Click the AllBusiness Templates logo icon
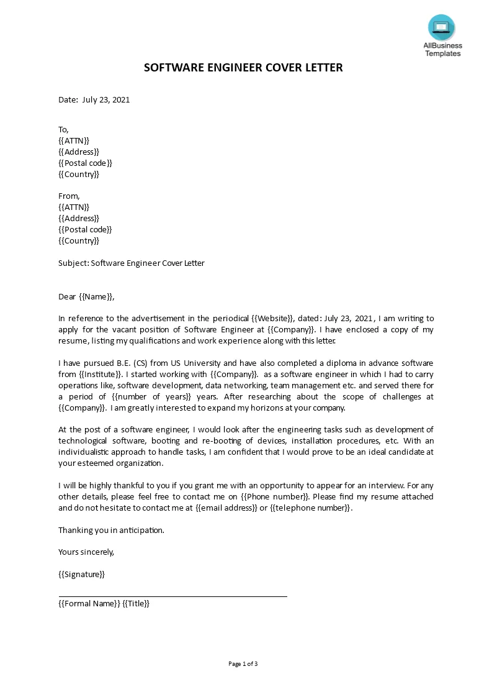[x=441, y=27]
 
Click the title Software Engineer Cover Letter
[x=243, y=68]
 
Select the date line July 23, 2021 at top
[x=94, y=99]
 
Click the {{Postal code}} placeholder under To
[x=85, y=163]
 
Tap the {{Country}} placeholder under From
[x=79, y=240]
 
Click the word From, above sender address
[x=69, y=196]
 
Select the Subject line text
[x=132, y=263]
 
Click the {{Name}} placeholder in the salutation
[x=96, y=296]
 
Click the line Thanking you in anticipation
[x=112, y=530]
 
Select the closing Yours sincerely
[x=86, y=552]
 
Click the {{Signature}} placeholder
[x=82, y=574]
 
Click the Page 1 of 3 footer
[x=243, y=663]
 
